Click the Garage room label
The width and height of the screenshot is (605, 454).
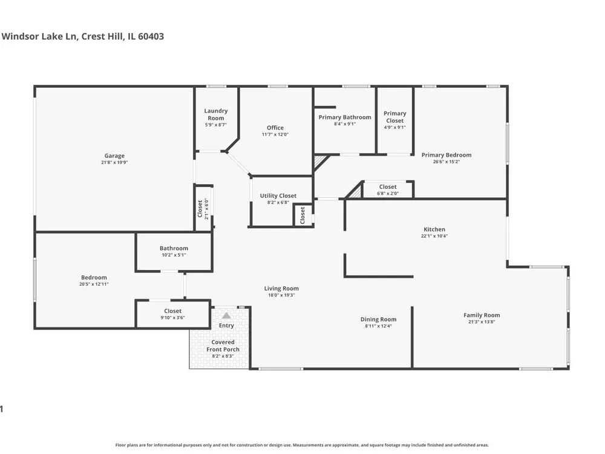click(114, 156)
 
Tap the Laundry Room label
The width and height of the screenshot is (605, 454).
click(216, 114)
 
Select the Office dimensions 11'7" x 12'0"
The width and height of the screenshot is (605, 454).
click(275, 135)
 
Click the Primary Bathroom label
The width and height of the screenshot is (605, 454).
click(345, 117)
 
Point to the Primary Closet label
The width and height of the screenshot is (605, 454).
click(394, 117)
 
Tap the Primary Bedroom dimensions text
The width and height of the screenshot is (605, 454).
click(446, 162)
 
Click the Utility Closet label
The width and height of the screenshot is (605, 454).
click(278, 196)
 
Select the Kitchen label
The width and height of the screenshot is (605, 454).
click(434, 229)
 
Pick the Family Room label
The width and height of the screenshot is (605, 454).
click(482, 315)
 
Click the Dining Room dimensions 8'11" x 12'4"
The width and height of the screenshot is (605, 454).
click(378, 326)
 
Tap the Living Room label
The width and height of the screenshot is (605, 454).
click(281, 288)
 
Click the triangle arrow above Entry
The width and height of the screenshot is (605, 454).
click(226, 315)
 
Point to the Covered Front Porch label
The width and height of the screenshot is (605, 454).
click(223, 346)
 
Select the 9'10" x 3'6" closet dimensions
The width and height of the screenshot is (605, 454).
click(173, 318)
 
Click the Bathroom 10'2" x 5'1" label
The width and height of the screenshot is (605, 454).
click(174, 248)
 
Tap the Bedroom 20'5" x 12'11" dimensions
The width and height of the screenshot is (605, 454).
click(94, 284)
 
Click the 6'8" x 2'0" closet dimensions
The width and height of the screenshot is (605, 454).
click(388, 194)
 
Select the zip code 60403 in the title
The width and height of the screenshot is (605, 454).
click(151, 36)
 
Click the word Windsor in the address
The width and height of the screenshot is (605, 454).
click(16, 36)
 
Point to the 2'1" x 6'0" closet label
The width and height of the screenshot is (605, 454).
click(206, 209)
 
